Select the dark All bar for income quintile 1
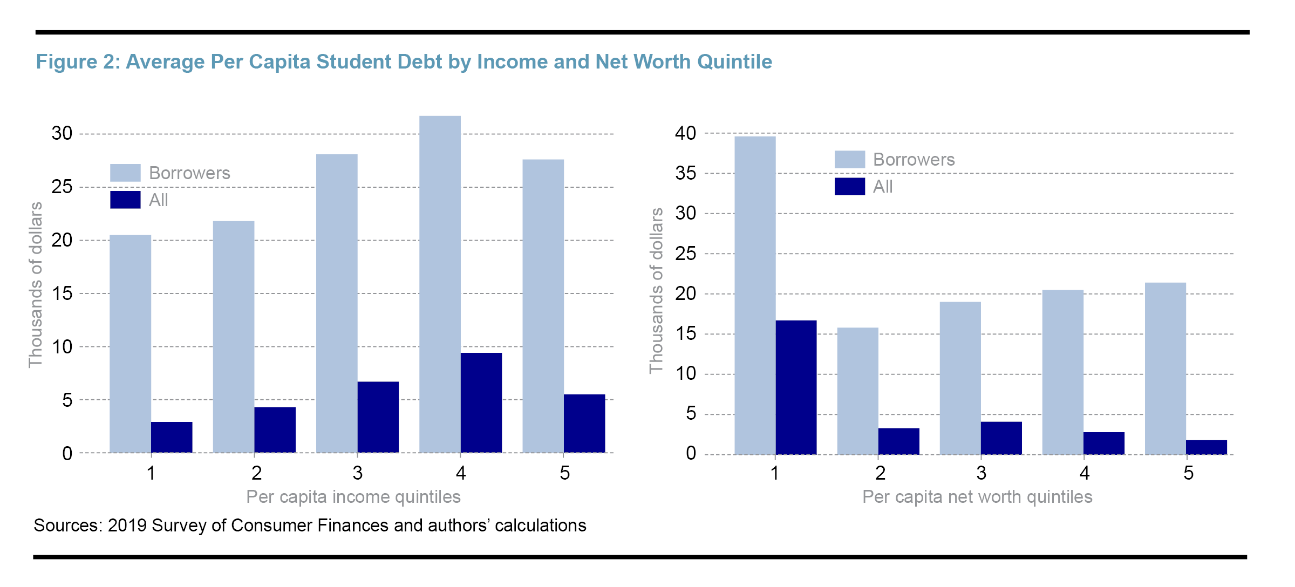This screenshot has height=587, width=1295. (172, 438)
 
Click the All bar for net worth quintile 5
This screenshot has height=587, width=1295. (1206, 447)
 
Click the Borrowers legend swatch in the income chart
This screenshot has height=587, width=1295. (125, 173)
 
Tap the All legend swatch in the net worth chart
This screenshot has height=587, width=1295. (849, 186)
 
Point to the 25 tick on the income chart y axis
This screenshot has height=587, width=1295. (62, 187)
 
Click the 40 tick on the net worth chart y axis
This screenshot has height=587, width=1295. (685, 133)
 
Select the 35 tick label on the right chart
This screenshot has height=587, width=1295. (685, 173)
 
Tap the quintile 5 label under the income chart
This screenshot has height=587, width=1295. (564, 473)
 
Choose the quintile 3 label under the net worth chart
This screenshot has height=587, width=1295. (981, 473)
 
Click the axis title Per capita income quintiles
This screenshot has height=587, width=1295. (353, 496)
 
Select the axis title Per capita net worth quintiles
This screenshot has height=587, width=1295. (977, 496)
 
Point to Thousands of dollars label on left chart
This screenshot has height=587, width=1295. (36, 285)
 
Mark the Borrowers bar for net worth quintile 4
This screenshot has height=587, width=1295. (1062, 372)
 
